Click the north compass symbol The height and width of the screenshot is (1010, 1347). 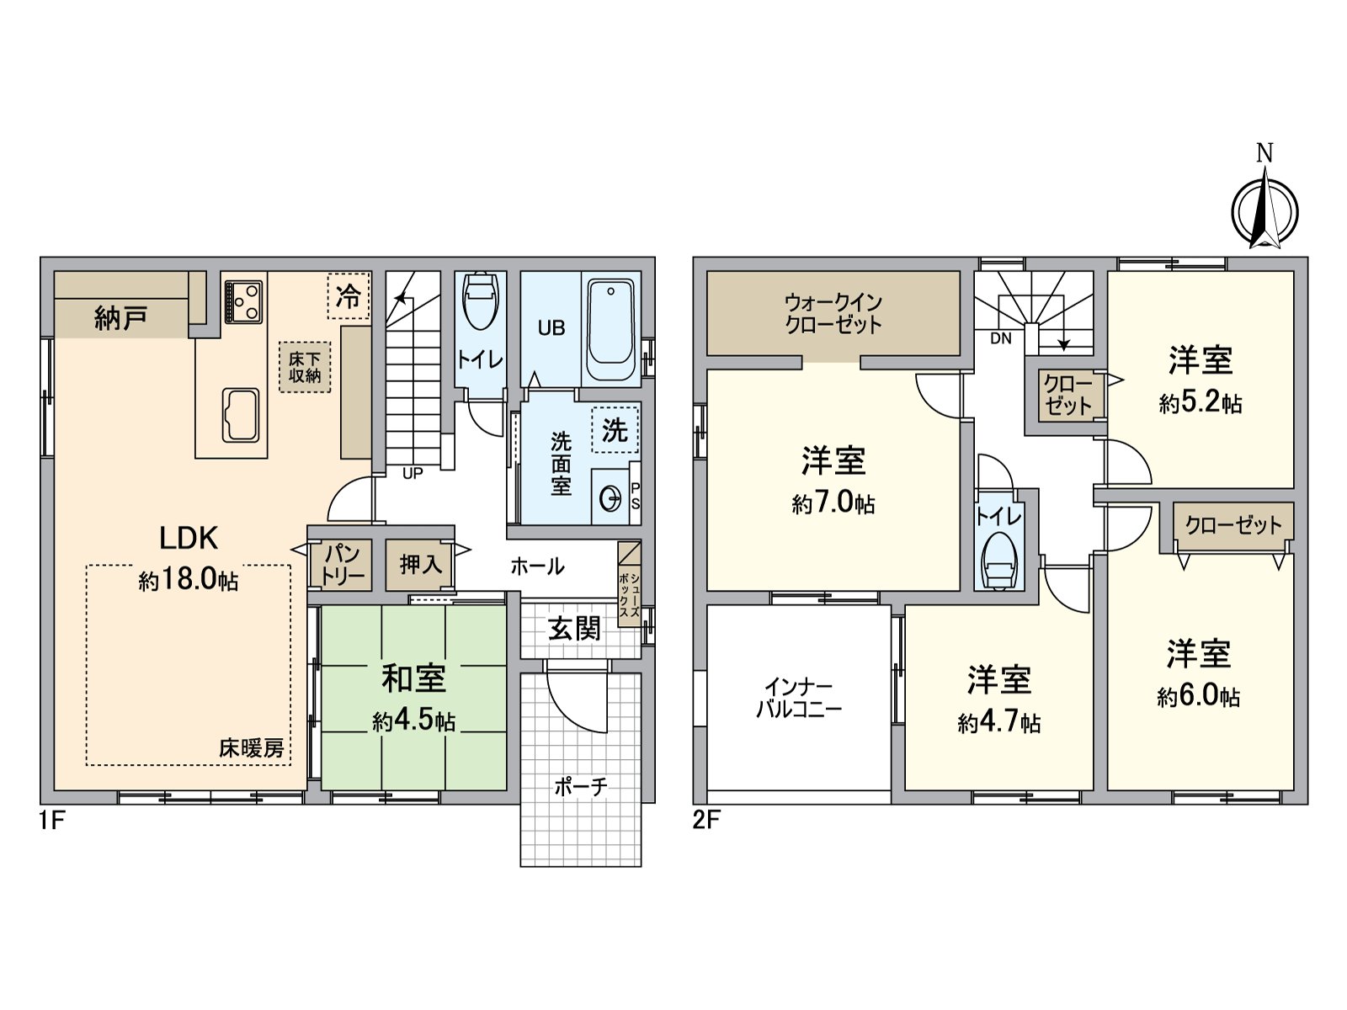(x=1264, y=210)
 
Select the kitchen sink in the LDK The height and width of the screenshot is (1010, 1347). (x=241, y=414)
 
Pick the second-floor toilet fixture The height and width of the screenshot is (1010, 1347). (x=999, y=561)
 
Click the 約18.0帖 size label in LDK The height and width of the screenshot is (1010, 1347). (x=189, y=580)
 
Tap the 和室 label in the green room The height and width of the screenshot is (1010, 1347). (x=413, y=678)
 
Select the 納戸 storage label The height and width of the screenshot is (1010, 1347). (x=121, y=317)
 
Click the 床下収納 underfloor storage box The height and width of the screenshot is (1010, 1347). (x=305, y=367)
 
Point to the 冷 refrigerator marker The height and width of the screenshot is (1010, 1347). (x=349, y=295)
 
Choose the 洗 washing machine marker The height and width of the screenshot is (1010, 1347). (x=615, y=430)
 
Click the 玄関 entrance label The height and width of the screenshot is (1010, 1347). (x=575, y=628)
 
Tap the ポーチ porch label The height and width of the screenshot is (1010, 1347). (x=581, y=787)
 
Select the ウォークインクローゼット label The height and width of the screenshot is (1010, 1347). (x=833, y=313)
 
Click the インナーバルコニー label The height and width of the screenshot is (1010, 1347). (x=798, y=699)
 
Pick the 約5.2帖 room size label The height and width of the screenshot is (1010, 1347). (x=1200, y=403)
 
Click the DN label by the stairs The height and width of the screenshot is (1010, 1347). (x=1001, y=339)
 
